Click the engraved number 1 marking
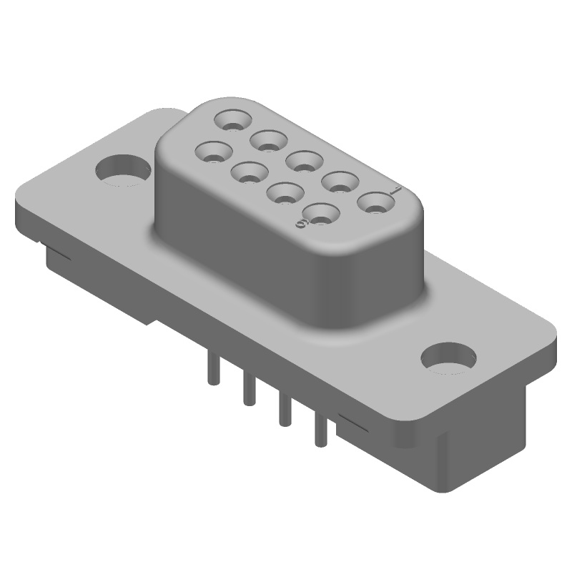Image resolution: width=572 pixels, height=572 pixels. (x=395, y=190)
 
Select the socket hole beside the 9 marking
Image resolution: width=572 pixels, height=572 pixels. (x=320, y=213)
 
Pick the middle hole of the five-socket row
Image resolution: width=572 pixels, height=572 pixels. (x=304, y=160)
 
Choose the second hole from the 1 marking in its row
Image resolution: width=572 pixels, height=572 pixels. (x=340, y=182)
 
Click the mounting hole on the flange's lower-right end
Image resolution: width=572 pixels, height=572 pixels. (x=449, y=357)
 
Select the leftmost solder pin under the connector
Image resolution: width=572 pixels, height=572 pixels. (x=211, y=372)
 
